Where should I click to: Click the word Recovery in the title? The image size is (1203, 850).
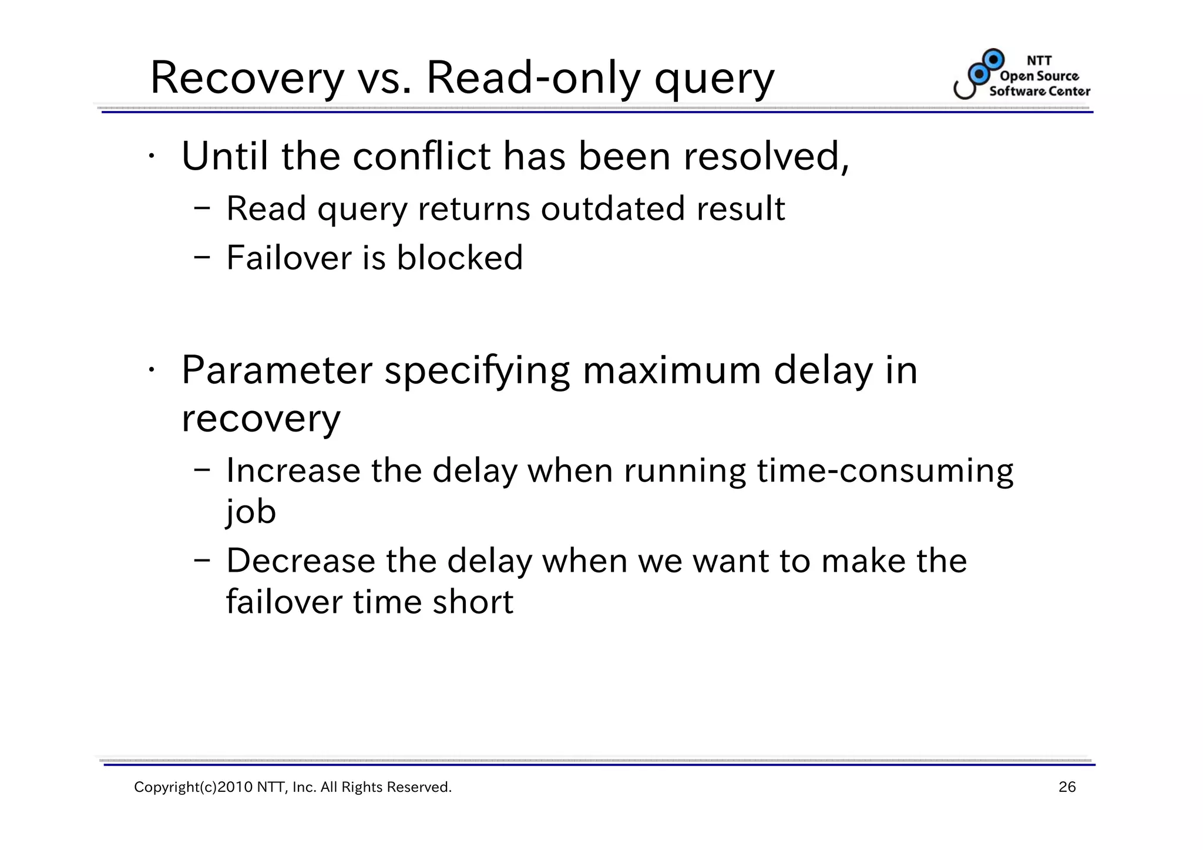click(247, 79)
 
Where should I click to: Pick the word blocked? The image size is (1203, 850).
click(459, 258)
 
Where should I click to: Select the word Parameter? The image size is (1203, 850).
click(277, 371)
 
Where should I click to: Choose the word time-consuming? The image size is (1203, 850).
click(885, 471)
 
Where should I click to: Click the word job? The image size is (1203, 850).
click(250, 512)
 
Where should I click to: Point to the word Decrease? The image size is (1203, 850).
click(300, 561)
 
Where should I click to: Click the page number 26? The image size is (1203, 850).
click(1067, 787)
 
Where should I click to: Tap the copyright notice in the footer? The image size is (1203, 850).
click(293, 787)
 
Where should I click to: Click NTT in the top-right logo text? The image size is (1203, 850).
click(1039, 60)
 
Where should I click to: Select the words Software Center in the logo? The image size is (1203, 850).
click(1039, 91)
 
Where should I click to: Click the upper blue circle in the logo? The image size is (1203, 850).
click(994, 59)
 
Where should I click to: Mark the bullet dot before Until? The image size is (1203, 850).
click(151, 156)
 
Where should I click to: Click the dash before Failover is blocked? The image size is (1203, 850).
click(202, 258)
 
